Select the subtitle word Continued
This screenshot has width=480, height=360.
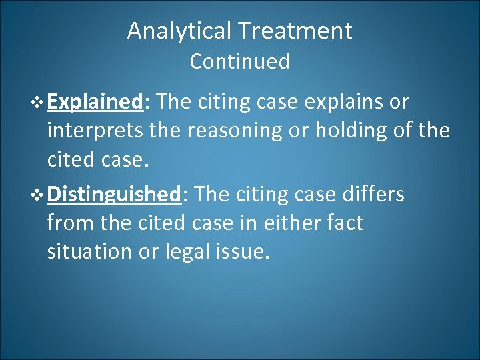point(240,61)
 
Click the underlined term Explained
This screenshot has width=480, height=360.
point(96,102)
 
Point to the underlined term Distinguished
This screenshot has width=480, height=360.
point(115,194)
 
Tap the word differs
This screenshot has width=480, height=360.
point(374,194)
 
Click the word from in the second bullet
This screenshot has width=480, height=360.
point(68,223)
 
